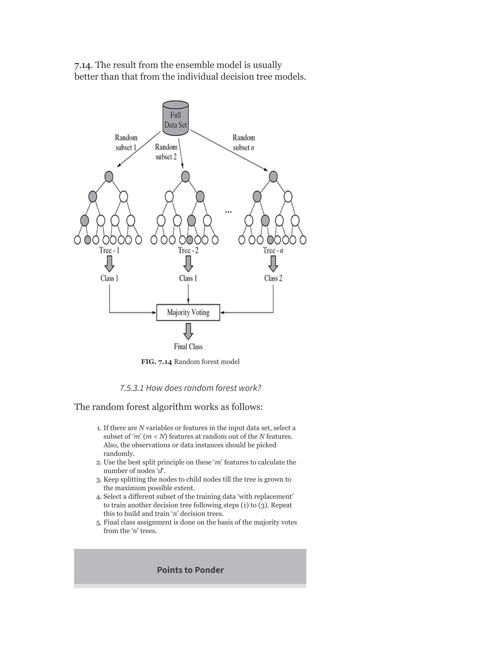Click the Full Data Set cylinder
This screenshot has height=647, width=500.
pos(176,118)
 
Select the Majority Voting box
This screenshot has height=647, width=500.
pos(188,312)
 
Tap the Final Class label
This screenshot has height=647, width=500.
pos(188,346)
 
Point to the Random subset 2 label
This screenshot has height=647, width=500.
pos(166,152)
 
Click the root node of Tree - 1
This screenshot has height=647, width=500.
pos(109,177)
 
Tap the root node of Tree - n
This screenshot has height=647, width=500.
pos(273,177)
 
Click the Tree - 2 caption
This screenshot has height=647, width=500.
pos(188,250)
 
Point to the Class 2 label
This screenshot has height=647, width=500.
pos(273,278)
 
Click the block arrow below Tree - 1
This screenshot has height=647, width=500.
pos(109,263)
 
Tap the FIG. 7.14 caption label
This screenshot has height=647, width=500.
pos(156,362)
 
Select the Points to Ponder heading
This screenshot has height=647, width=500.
pos(190,570)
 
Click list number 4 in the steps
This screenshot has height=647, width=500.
pos(99,497)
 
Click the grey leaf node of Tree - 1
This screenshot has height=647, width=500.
pos(87,240)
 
